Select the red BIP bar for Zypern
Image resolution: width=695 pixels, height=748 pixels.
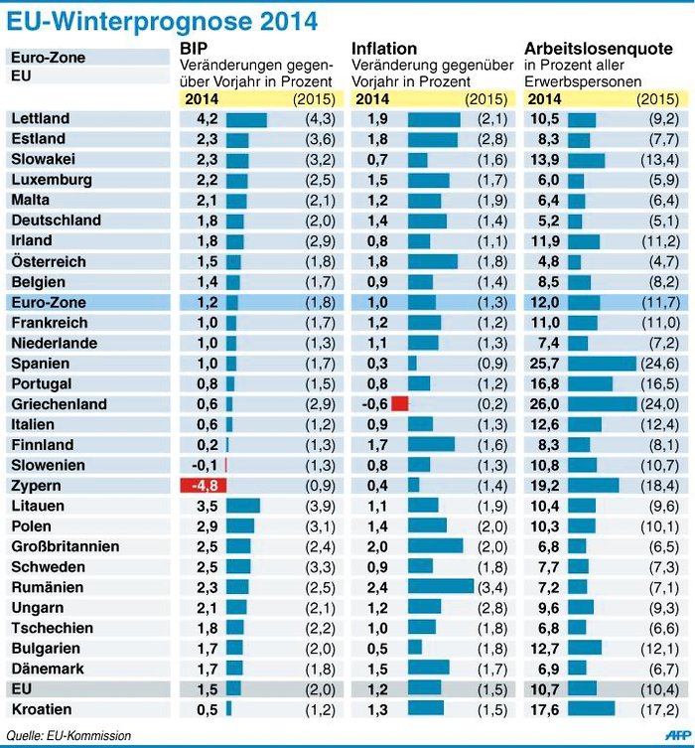pos(203,486)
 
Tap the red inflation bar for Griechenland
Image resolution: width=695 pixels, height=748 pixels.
pos(400,404)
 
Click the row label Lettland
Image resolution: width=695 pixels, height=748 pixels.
pos(41,119)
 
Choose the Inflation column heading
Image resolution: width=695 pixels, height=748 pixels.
pos(384,48)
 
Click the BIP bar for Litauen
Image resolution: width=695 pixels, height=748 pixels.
pos(243,506)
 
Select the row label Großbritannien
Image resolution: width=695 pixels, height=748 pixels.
pos(66,546)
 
